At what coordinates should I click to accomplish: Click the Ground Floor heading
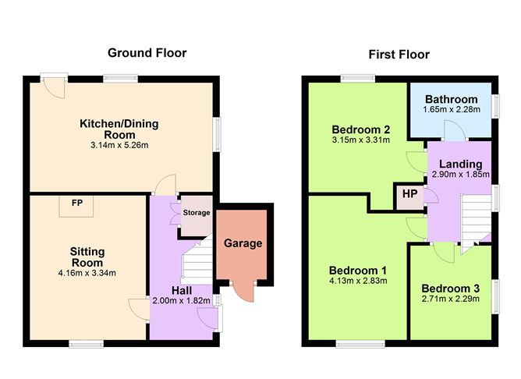(x=147, y=53)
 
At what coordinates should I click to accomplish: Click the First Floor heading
(x=399, y=55)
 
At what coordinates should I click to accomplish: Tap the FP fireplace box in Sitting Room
(x=76, y=207)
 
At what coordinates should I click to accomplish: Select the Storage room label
(x=197, y=213)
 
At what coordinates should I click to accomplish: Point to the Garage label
(x=243, y=243)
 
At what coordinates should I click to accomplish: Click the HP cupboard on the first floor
(x=409, y=197)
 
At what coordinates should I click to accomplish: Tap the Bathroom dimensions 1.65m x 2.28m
(x=452, y=110)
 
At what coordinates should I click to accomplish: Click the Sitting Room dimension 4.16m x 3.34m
(x=87, y=274)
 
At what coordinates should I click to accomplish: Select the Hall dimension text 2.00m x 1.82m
(x=182, y=301)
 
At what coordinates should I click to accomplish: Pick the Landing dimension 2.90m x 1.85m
(x=460, y=174)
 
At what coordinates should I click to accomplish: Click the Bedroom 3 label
(x=451, y=289)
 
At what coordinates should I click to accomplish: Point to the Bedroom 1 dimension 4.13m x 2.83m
(x=358, y=281)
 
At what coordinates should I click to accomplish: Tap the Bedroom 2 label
(x=361, y=129)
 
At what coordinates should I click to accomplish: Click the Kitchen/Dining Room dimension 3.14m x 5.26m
(x=119, y=145)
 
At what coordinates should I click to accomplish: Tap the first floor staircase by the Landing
(x=476, y=221)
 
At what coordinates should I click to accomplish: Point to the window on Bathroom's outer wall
(x=496, y=106)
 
